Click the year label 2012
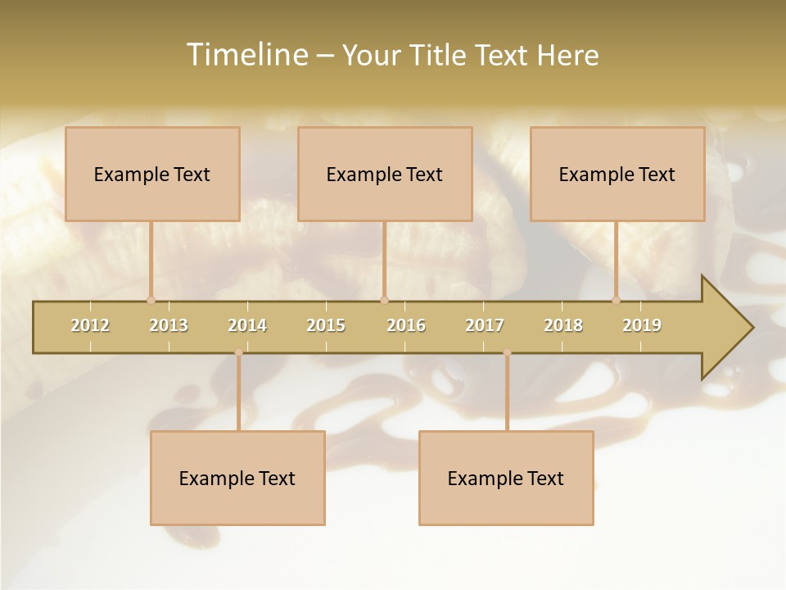point(90,325)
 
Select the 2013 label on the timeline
point(169,325)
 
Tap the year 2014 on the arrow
point(247,325)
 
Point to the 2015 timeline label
point(326,325)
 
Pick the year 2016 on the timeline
point(406,325)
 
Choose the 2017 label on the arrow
point(485,325)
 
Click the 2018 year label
point(563,325)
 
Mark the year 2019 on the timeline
point(642,325)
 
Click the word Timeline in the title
point(245,55)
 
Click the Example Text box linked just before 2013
point(152,174)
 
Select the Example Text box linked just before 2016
point(385,174)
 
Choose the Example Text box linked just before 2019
point(617,174)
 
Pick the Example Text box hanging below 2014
point(237,478)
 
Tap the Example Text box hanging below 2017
point(506,478)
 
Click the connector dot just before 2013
point(151,300)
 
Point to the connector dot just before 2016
point(384,300)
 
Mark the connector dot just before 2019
point(617,300)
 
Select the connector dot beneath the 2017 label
point(507,352)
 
